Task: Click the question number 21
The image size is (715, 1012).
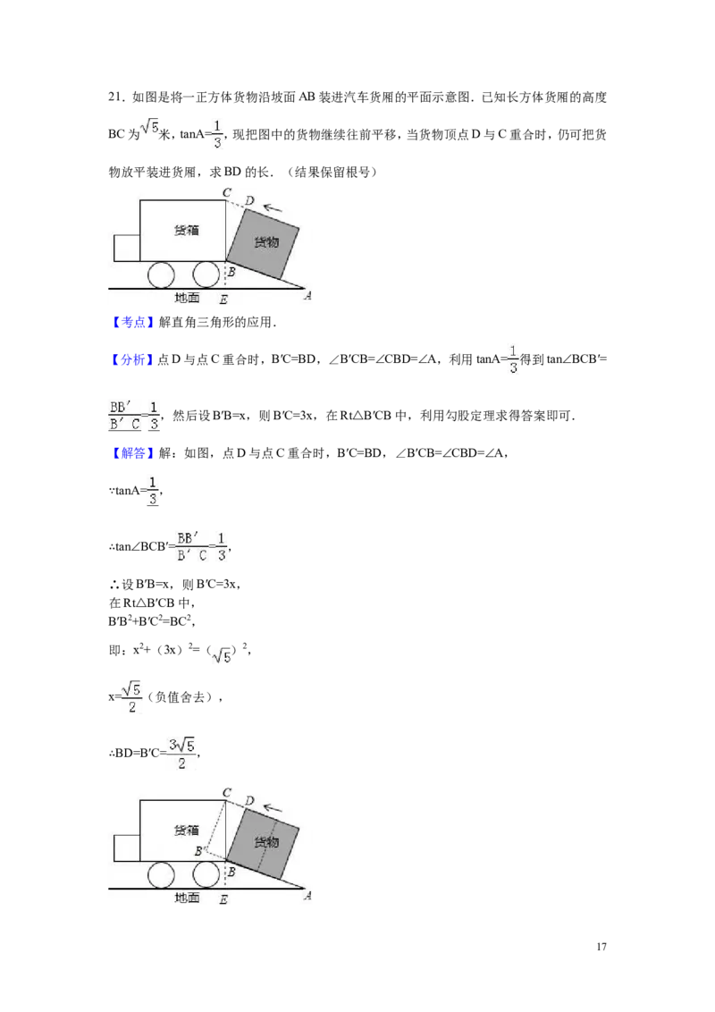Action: [116, 97]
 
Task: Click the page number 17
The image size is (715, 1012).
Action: [601, 947]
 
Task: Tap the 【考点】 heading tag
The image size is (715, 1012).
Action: [133, 322]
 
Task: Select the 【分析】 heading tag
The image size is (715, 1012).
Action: [133, 359]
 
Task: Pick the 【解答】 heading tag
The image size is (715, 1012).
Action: [133, 453]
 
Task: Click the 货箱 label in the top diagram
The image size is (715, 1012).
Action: [187, 230]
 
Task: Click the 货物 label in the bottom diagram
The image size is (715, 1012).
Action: [266, 841]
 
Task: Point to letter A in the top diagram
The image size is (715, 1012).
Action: [307, 296]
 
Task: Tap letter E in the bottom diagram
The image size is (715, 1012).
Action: [223, 899]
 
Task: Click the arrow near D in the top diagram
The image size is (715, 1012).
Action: [273, 207]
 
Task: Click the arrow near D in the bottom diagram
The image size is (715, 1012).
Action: [273, 808]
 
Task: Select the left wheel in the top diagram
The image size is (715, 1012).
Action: [161, 275]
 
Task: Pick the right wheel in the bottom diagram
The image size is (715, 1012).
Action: [206, 875]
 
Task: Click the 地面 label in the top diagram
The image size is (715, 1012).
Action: [187, 298]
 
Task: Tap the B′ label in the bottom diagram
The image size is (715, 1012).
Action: [201, 851]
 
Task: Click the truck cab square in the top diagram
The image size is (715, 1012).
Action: [127, 248]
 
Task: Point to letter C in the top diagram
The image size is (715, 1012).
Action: [227, 192]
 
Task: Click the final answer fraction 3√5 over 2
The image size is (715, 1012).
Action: [182, 754]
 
